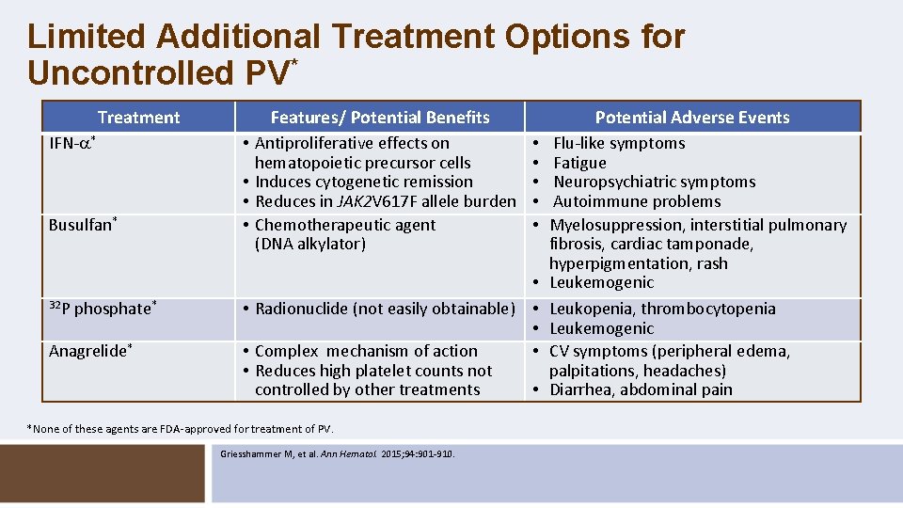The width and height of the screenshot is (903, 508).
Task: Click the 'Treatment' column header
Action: pos(138,118)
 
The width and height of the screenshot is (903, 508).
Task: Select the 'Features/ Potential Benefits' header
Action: pos(380,118)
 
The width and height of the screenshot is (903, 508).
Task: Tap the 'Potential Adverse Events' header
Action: pos(691,118)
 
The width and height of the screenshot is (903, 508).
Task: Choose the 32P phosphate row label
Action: pos(102,309)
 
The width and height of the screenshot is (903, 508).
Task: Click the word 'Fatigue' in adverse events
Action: pos(579,163)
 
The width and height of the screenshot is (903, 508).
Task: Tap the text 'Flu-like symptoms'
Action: pos(619,143)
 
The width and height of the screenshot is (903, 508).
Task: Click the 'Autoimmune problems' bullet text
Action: pos(636,201)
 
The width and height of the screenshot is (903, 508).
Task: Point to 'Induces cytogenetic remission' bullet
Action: pos(363,182)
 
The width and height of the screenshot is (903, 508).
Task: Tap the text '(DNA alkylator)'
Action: pos(309,245)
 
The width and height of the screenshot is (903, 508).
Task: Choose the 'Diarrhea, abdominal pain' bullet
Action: pos(640,389)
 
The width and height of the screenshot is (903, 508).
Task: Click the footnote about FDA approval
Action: pos(181,429)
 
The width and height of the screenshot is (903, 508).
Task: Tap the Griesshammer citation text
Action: pos(337,453)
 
